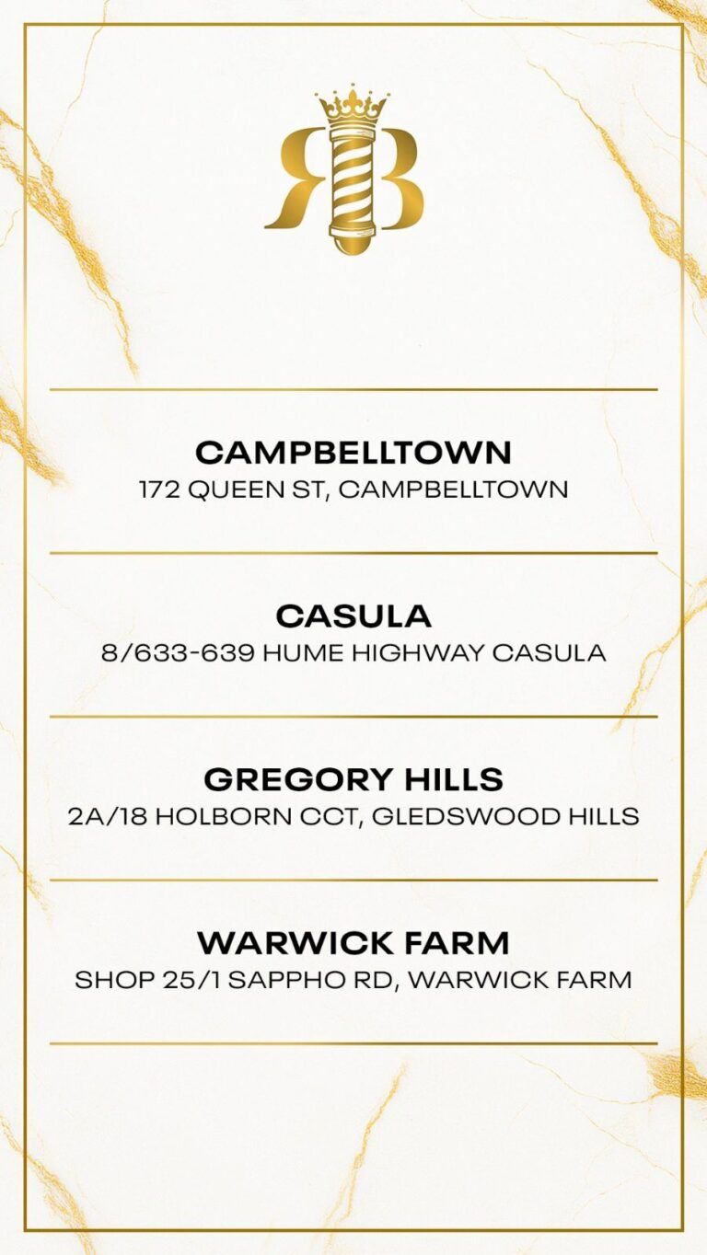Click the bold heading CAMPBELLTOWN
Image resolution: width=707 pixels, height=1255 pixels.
point(353,452)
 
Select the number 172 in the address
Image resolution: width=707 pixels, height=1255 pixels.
point(159,489)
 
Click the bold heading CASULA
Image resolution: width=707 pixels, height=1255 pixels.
point(353,616)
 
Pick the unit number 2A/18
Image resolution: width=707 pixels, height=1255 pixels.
point(107,816)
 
